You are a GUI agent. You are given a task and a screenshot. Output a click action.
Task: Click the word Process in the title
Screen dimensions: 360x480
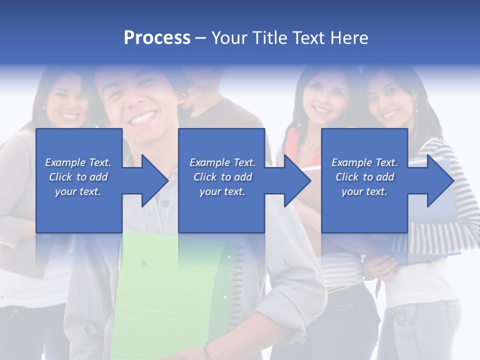coord(157,37)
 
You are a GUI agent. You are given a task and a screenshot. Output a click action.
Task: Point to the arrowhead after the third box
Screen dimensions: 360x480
coord(439,180)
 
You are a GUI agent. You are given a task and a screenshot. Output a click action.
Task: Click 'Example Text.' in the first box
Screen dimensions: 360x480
coord(78,162)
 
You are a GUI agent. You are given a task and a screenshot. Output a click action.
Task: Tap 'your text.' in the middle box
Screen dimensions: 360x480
coord(222,191)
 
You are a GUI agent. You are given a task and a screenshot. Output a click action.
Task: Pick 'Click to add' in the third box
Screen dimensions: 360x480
coord(364,177)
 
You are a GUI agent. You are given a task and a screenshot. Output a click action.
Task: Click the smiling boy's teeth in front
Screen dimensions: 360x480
coord(142,119)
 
